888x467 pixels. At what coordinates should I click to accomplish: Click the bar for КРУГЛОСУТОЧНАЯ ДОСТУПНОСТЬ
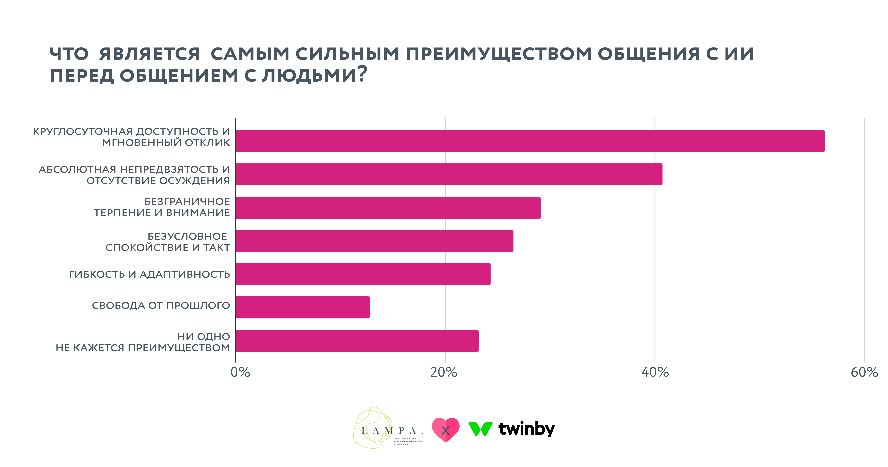click(530, 141)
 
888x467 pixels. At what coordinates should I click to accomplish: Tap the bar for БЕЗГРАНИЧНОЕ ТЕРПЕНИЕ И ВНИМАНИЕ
click(388, 208)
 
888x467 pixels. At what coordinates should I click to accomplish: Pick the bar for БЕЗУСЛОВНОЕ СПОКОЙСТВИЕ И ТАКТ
click(374, 241)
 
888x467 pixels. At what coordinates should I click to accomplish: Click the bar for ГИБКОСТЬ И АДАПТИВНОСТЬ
click(363, 274)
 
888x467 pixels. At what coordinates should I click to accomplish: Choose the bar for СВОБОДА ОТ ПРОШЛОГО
click(302, 307)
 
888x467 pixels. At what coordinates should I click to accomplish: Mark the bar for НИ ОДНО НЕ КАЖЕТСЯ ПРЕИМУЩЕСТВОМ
click(357, 341)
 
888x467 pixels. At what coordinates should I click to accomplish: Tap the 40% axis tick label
click(655, 372)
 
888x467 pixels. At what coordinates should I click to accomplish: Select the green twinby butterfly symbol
click(480, 428)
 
